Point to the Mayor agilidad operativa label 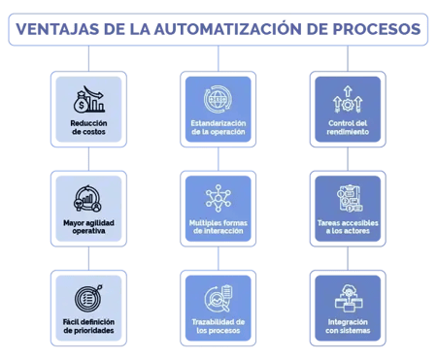click(87, 227)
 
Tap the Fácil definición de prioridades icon click(87, 292)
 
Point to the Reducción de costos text click(87, 129)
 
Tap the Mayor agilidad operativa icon click(87, 198)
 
